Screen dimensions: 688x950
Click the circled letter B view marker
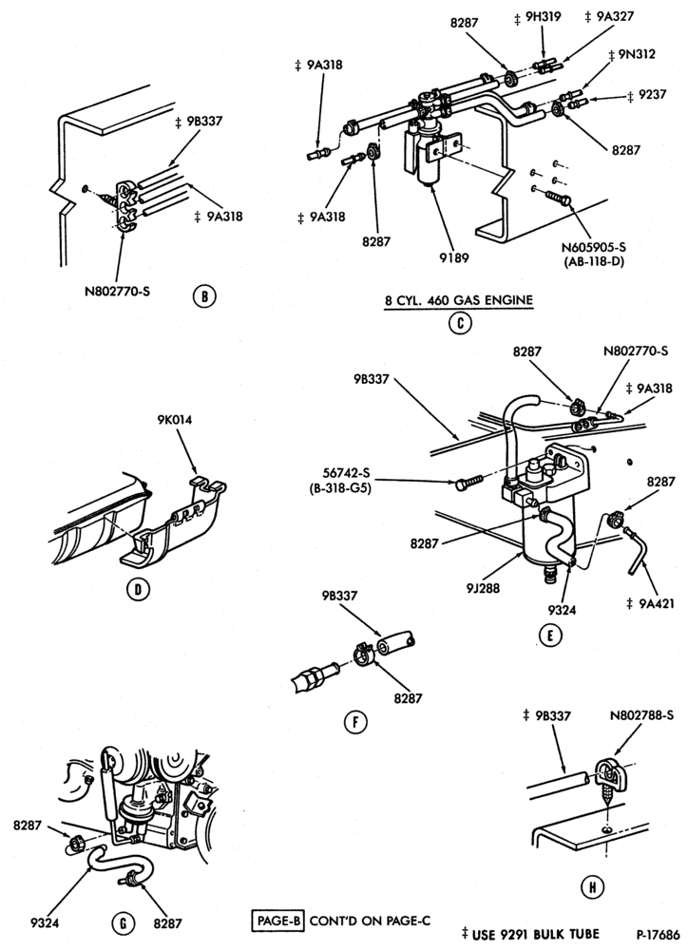click(x=204, y=296)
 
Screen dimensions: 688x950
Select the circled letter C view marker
click(x=460, y=323)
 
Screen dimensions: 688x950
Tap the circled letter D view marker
click(x=138, y=589)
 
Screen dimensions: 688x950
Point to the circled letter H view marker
click(x=592, y=887)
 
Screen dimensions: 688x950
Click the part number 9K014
click(x=175, y=419)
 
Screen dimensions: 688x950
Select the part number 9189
click(x=455, y=257)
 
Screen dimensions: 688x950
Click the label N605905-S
click(x=593, y=247)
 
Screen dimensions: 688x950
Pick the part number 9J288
click(x=483, y=586)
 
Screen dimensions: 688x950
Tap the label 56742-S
click(x=340, y=473)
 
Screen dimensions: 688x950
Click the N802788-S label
click(x=642, y=715)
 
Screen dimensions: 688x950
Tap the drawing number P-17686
click(x=659, y=934)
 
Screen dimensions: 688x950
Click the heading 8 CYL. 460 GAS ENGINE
click(x=460, y=300)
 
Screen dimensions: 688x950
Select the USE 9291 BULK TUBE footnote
click(x=530, y=934)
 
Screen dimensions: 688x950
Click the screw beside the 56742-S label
click(x=468, y=481)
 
